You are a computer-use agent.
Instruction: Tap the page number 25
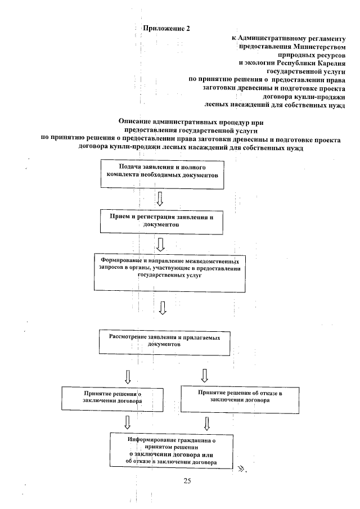pos(188,480)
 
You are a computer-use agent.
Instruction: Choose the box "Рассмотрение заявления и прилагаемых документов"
pos(164,342)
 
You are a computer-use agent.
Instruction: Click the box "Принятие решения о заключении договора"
pos(112,399)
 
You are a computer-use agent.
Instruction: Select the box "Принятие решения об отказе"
pos(239,398)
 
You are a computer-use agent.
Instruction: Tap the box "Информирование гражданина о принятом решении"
pos(172,450)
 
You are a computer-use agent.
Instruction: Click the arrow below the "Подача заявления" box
pos(160,199)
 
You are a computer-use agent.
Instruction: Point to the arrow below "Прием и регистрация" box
pos(161,243)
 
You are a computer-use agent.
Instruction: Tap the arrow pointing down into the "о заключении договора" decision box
pos(128,375)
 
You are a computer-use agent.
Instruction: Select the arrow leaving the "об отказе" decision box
pos(207,422)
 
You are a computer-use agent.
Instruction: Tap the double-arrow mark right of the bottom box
pos(242,467)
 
